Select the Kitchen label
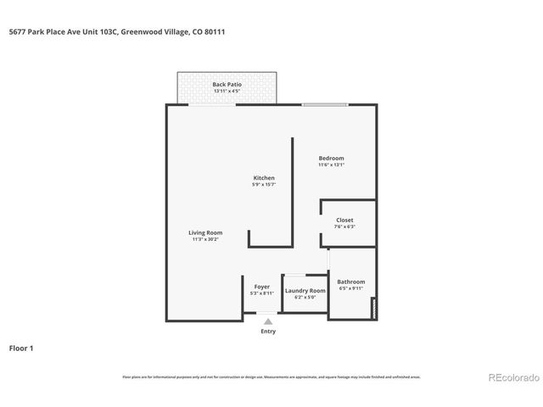(263, 177)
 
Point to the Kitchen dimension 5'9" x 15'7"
(263, 184)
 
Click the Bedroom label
(331, 159)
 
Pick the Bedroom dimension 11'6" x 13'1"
(331, 165)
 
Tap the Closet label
(344, 220)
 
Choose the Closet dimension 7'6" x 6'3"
(344, 226)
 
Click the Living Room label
(205, 232)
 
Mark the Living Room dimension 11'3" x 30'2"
(205, 239)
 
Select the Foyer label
(261, 287)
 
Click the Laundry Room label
(305, 290)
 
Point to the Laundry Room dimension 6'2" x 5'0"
(305, 297)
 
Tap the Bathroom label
(350, 282)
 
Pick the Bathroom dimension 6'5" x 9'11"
(350, 288)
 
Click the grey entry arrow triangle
(268, 321)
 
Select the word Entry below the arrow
(268, 332)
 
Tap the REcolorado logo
(511, 377)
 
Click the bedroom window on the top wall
(325, 104)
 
